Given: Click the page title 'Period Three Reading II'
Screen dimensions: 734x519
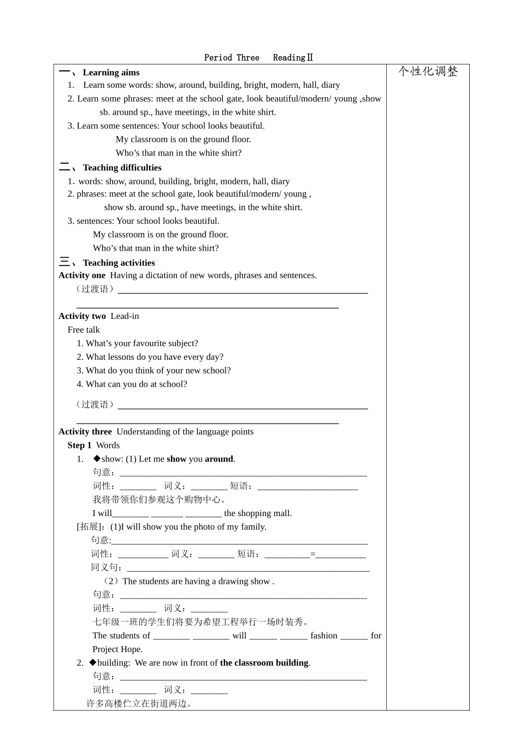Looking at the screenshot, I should tap(258, 57).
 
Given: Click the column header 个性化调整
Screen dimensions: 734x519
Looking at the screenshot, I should tap(428, 72).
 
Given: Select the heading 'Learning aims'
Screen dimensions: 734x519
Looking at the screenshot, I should tap(111, 73).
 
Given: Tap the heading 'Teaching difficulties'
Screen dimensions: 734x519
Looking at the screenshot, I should tap(122, 168).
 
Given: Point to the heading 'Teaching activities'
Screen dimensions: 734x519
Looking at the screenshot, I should tap(119, 263).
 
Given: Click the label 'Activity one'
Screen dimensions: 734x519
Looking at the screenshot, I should tap(82, 275).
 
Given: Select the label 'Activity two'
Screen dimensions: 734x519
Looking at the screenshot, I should tap(82, 316).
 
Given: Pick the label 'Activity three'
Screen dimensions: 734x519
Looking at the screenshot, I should tap(85, 431).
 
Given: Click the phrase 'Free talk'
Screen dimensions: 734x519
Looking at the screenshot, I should tap(84, 330).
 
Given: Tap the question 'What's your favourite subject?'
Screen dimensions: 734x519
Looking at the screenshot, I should tap(141, 344).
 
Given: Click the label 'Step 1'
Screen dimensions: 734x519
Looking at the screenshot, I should tap(79, 445).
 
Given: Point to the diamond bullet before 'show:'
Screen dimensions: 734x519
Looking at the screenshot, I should tap(97, 459).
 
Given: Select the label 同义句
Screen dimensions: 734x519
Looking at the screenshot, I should tap(106, 567).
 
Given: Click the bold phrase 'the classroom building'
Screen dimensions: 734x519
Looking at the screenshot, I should tap(264, 663).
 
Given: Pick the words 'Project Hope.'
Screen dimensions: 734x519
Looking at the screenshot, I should tap(117, 649).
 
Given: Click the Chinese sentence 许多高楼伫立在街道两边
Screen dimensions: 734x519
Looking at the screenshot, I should tap(139, 703).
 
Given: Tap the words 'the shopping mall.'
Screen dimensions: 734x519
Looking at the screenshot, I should tap(258, 513).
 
